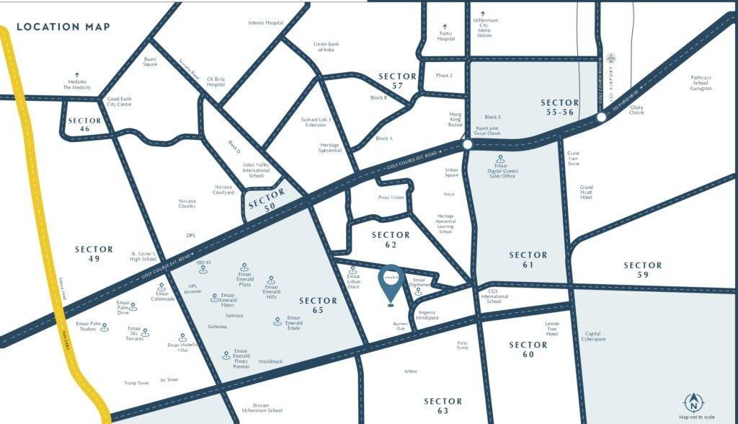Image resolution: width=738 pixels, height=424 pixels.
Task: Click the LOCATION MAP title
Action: click(x=63, y=27)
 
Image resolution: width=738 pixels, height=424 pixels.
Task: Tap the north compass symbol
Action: click(x=694, y=402)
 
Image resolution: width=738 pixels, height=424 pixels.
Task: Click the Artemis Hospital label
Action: click(x=265, y=23)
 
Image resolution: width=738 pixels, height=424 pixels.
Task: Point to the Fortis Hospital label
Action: click(x=446, y=35)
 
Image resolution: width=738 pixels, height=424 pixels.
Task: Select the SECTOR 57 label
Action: click(x=397, y=81)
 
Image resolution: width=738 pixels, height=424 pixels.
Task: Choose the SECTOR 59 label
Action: click(x=642, y=270)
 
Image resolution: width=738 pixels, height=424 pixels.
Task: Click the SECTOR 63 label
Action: click(x=443, y=405)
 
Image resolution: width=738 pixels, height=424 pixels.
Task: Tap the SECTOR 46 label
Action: click(x=85, y=125)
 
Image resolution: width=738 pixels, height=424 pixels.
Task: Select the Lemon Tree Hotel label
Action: click(x=552, y=329)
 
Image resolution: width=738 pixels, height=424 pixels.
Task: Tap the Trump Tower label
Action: click(x=135, y=383)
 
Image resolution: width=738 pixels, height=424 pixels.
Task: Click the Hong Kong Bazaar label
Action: click(x=455, y=118)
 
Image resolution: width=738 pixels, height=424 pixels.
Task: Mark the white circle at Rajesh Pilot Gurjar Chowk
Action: click(x=467, y=145)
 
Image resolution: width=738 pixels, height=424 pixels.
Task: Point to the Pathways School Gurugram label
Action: click(x=701, y=82)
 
